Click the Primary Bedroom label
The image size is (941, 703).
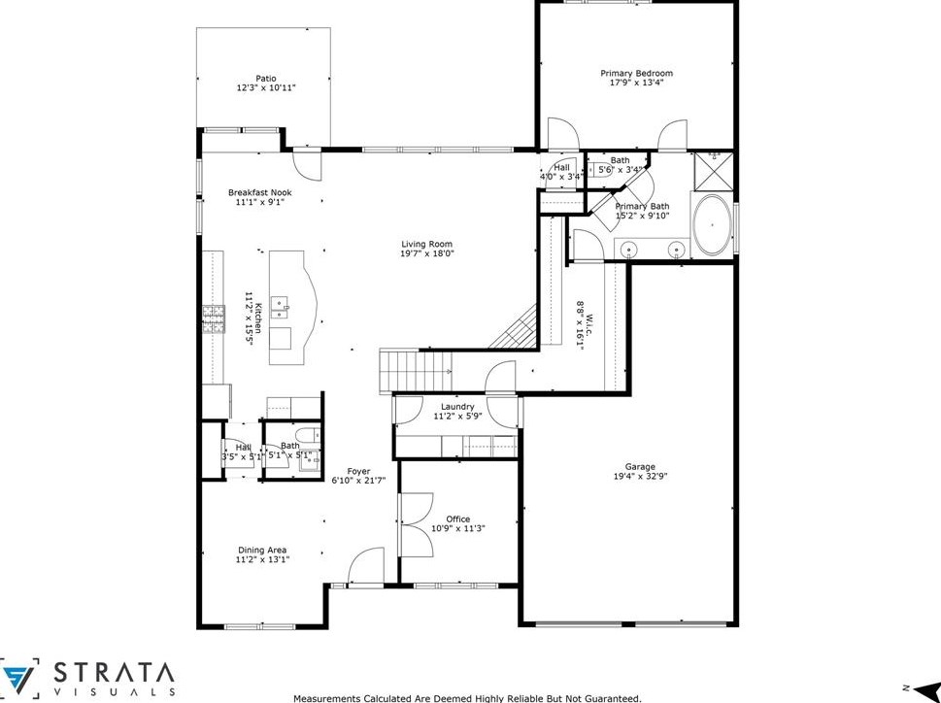636,73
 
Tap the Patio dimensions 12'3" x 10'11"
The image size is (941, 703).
265,88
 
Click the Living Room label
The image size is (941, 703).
427,244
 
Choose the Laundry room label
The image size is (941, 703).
456,406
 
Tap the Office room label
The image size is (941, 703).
457,519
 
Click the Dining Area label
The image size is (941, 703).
261,550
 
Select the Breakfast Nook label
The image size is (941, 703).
259,192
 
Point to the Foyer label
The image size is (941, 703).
359,470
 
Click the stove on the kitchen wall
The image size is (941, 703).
212,318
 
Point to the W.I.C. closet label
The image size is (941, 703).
581,316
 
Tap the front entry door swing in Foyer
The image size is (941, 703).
369,567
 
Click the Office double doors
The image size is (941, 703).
415,523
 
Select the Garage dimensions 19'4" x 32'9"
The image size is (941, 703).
640,476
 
